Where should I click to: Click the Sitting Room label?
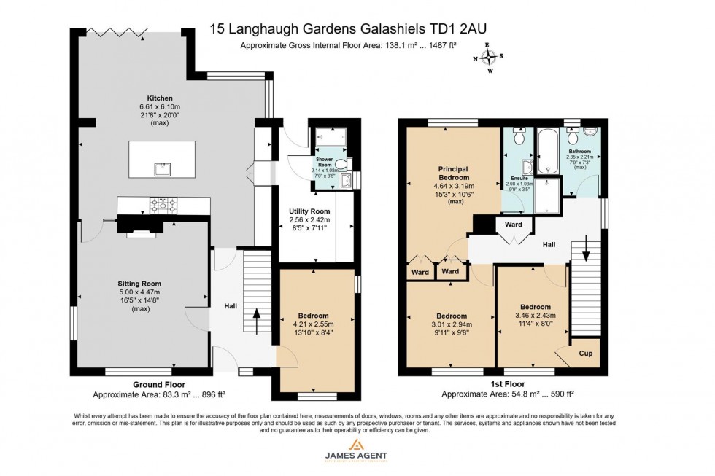point(139,284)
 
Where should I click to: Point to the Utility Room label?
point(309,211)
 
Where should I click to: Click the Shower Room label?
point(324,163)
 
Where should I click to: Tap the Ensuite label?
point(519,177)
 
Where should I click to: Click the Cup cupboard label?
point(585,354)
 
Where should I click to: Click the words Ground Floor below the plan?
point(158,384)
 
